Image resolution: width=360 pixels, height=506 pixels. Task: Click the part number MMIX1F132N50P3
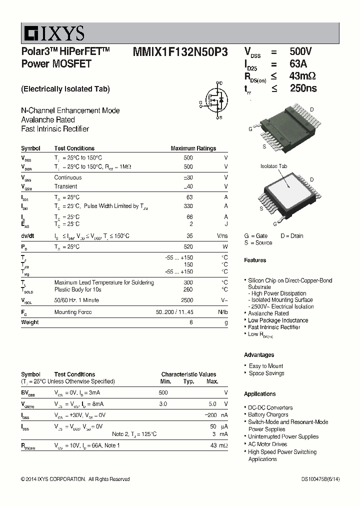coord(180,52)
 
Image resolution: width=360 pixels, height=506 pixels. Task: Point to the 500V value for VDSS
coord(301,51)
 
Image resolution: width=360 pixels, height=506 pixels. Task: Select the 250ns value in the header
coord(303,88)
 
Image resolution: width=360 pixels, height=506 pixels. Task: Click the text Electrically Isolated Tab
coord(65,89)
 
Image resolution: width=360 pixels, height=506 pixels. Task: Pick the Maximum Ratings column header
coord(193,148)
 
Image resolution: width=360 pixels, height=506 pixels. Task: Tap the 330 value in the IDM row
coord(188,206)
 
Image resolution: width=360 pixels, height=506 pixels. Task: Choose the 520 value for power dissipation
coord(188,247)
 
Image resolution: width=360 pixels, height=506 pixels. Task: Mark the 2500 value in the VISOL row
coord(186,300)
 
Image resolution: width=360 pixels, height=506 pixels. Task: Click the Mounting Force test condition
coord(73,312)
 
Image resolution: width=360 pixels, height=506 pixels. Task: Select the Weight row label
coord(30,322)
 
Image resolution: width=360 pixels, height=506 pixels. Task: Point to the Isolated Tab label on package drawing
coord(273,166)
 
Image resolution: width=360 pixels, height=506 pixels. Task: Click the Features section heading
coord(255,260)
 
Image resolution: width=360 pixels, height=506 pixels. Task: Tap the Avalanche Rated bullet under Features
coord(268,313)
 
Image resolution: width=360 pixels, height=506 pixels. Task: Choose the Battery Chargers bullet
coord(268,414)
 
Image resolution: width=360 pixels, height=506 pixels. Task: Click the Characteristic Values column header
coord(188,374)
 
